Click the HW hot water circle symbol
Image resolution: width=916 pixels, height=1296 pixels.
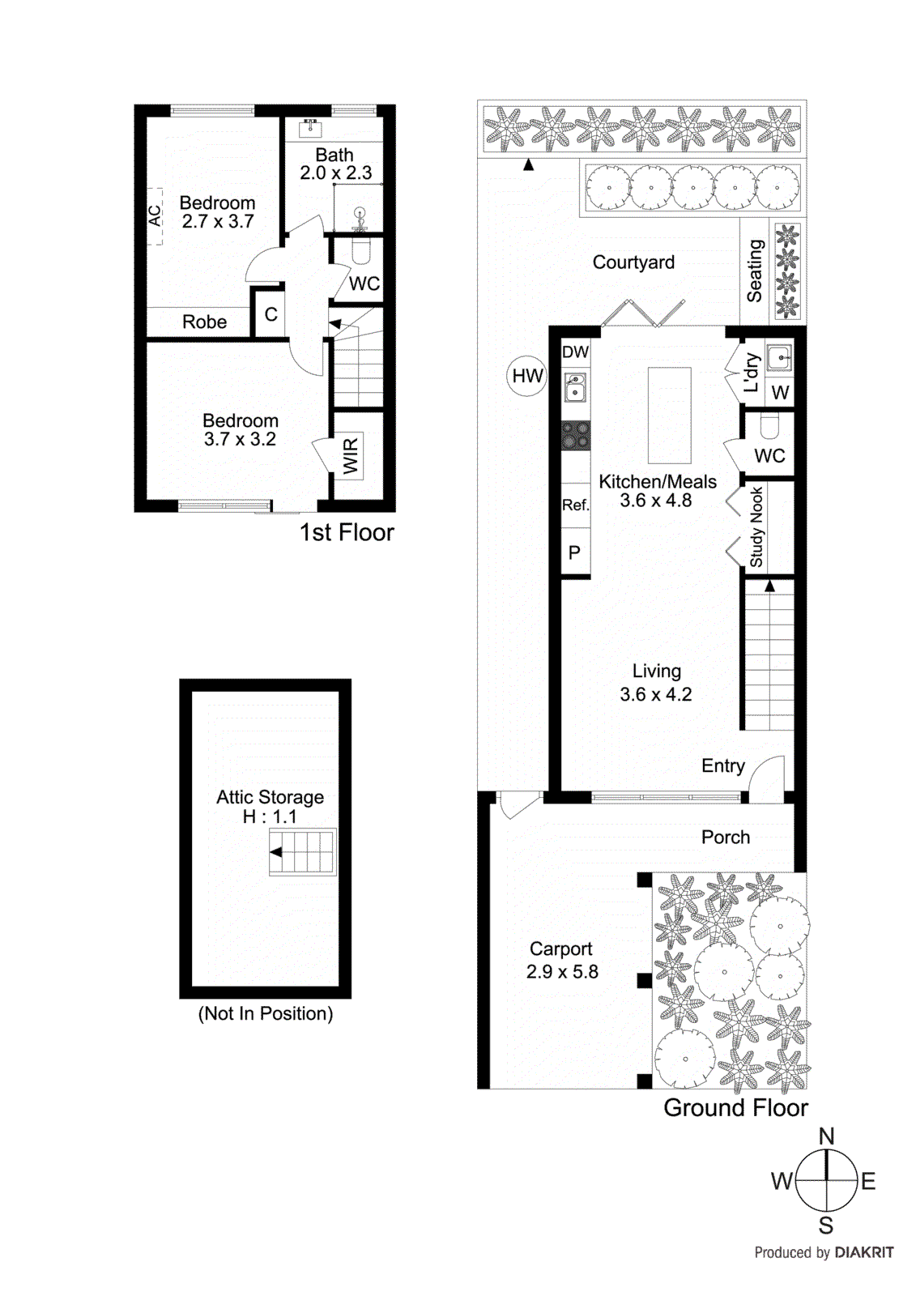527,376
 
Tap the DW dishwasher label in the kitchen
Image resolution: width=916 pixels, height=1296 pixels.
575,352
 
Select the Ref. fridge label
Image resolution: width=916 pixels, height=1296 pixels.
575,505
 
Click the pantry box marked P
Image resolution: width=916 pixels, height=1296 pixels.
575,552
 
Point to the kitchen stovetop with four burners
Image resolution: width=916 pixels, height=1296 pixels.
576,435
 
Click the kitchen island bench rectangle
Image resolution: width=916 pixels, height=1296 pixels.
669,415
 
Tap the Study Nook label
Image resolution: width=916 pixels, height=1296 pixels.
756,526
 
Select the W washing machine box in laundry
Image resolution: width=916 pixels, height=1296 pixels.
780,393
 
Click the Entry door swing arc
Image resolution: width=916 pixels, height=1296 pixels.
767,778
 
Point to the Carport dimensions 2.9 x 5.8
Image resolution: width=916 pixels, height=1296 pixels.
562,971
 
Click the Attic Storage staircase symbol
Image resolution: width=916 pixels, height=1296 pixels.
302,852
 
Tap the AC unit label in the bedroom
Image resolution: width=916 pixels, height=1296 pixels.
155,215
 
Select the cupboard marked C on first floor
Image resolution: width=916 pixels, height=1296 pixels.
271,314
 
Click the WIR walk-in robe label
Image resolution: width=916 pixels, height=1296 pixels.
350,456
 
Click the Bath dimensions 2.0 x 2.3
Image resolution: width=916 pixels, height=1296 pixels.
335,173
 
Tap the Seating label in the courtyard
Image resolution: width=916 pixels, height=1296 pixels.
754,271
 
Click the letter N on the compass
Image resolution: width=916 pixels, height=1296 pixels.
826,1136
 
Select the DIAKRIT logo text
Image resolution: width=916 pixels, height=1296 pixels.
863,1252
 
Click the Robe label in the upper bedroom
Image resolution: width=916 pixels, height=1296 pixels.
204,322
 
